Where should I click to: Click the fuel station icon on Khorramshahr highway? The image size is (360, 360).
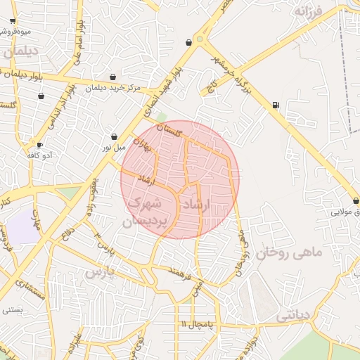point(274,106)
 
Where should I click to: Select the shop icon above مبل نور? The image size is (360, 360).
point(114,136)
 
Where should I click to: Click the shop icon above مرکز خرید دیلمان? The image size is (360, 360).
point(112,77)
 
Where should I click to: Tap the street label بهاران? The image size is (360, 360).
point(143,146)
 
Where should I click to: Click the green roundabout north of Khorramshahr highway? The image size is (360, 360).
point(201,41)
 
